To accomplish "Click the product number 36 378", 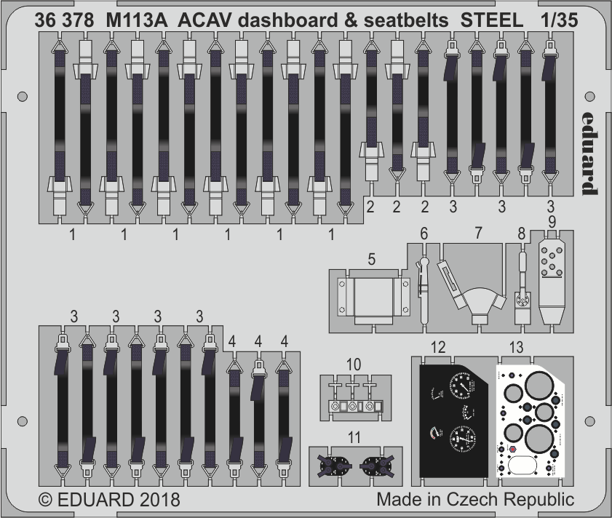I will (63, 21).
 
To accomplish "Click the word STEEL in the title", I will (492, 21).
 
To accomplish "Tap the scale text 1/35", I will (559, 21).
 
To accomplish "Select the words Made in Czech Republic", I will (475, 501).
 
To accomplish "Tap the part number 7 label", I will (477, 234).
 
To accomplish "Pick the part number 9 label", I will (552, 220).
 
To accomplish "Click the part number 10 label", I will (353, 363).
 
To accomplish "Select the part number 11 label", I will (354, 437).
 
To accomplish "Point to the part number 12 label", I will (437, 348).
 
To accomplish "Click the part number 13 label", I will (517, 348).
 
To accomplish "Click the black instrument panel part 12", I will (452, 422).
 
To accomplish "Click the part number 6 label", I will (424, 234).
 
